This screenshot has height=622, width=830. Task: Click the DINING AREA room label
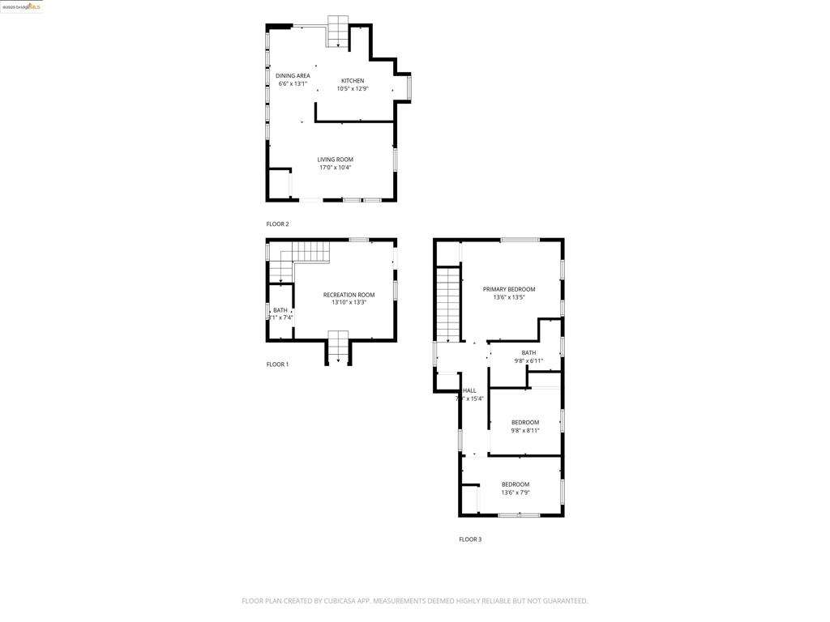293,76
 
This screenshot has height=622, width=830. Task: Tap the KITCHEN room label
353,81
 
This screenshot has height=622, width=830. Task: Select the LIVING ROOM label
335,160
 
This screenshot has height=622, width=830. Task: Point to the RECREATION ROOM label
349,295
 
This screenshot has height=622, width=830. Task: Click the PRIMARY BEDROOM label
509,289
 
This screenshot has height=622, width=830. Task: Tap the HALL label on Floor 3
469,390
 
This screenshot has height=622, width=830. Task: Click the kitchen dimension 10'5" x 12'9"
353,89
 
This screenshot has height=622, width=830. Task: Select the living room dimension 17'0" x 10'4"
335,168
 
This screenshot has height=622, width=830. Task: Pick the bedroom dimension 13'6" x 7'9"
515,492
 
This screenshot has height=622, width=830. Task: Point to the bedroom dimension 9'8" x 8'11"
525,431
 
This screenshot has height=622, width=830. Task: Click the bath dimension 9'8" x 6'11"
528,361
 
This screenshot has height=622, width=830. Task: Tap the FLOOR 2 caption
277,224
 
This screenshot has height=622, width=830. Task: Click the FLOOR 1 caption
277,364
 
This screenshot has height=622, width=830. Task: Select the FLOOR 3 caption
470,539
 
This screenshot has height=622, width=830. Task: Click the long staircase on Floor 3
447,304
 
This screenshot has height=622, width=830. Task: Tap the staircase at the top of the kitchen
338,32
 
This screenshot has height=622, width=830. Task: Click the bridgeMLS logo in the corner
22,6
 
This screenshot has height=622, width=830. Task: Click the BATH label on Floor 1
280,310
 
